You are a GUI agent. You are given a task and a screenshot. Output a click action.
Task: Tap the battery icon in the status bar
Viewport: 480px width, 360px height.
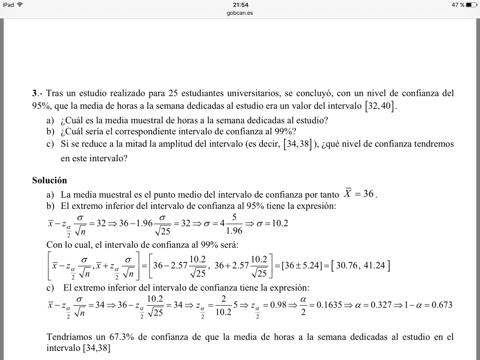coord(472,5)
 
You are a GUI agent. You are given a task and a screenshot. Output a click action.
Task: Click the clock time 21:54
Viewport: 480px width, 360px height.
coord(240,5)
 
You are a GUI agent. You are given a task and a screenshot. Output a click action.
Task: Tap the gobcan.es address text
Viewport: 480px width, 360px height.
coord(240,13)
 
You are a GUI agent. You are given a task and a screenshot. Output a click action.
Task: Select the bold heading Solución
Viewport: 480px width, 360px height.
coord(50,180)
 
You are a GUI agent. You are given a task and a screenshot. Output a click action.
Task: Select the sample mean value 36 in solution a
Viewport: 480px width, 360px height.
coord(368,194)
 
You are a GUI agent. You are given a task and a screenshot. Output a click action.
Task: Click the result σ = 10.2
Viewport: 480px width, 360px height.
coord(272,223)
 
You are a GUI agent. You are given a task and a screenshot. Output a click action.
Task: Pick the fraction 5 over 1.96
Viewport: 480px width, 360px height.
coord(234,223)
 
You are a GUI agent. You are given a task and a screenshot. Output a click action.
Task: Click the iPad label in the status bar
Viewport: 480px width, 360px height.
coord(8,5)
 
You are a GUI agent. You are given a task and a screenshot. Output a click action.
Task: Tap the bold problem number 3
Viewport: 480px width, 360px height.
coord(34,94)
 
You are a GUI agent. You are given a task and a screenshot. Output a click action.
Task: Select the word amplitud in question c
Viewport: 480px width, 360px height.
coord(176,144)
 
